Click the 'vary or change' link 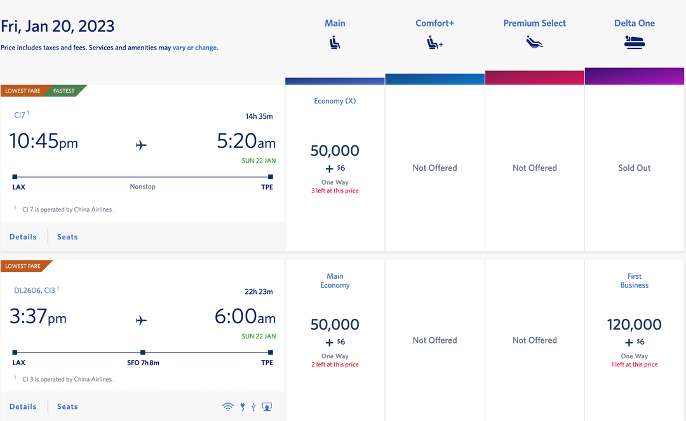(195, 48)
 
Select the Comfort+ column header (434, 23)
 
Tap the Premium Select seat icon (534, 43)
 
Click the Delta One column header (634, 23)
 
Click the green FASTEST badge (64, 91)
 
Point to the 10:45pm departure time (44, 141)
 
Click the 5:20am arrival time (246, 141)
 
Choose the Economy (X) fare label (335, 101)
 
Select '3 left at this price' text (335, 190)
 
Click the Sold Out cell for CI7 (634, 168)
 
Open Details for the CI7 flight (23, 237)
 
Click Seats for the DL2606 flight (67, 406)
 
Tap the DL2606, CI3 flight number (35, 290)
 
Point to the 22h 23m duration (259, 291)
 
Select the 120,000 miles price (634, 324)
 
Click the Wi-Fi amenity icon (228, 407)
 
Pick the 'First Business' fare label (634, 281)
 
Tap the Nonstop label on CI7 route (142, 187)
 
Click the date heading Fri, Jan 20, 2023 (58, 27)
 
